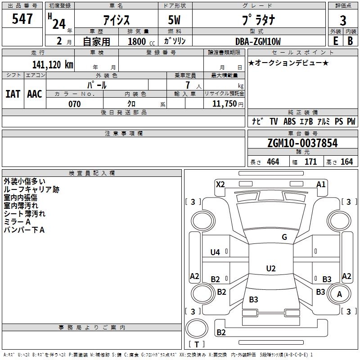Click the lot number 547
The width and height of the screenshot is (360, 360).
click(22, 18)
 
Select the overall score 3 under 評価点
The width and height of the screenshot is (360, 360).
click(343, 21)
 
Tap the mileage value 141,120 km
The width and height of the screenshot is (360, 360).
click(53, 64)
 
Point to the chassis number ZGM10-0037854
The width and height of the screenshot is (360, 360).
click(302, 143)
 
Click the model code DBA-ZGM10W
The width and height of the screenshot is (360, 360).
click(258, 41)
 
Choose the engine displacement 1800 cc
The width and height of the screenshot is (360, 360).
click(141, 41)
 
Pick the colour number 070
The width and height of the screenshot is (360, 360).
click(74, 104)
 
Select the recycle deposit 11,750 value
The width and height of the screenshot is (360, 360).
click(225, 103)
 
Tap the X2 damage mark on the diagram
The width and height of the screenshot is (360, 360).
click(220, 184)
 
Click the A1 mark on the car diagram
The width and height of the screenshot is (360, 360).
click(321, 184)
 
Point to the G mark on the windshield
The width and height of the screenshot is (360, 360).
click(284, 237)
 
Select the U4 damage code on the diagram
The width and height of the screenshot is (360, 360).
click(215, 252)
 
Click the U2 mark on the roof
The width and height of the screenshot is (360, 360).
click(271, 268)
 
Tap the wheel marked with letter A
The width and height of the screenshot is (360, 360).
click(339, 294)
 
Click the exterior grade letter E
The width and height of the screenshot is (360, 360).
click(335, 41)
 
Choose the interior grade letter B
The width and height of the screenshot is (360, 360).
click(350, 41)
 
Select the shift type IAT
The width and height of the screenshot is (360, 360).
click(13, 94)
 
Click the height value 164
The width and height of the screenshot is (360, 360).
click(346, 162)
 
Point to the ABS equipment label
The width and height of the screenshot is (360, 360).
click(289, 121)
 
